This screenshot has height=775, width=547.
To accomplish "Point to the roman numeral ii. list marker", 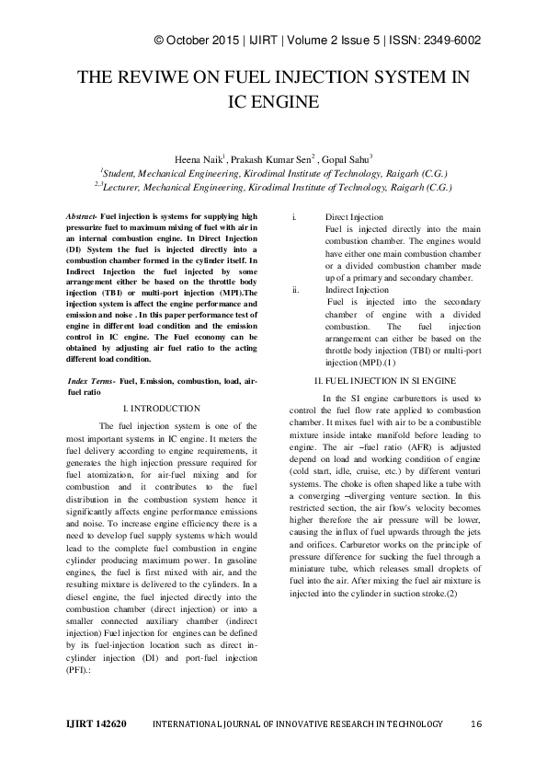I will click(295, 290).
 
